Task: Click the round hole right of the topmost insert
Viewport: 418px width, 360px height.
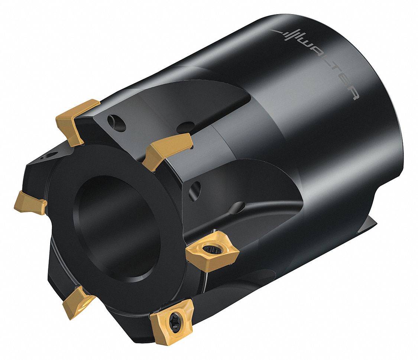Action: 111,121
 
